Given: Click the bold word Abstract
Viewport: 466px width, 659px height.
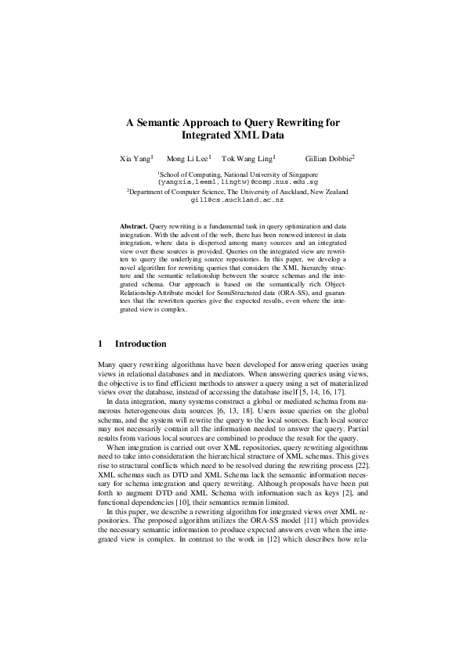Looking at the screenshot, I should click(x=132, y=225).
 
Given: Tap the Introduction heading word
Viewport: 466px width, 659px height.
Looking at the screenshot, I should click(x=140, y=344).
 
